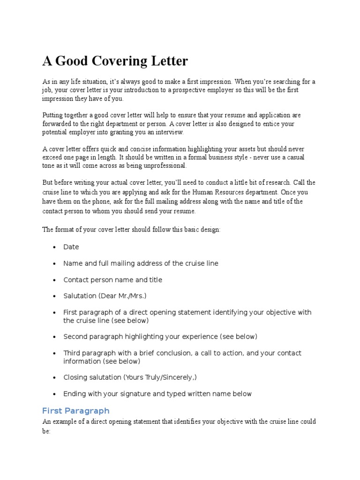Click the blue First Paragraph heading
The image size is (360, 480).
point(76,411)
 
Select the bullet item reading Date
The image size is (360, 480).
point(71,247)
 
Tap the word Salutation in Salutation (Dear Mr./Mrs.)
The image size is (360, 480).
point(79,296)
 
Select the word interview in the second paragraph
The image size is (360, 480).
point(170,133)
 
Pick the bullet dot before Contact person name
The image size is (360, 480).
point(55,280)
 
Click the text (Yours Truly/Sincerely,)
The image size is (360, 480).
point(157,377)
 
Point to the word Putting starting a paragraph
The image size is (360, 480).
point(53,115)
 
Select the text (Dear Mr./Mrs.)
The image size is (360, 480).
point(122,296)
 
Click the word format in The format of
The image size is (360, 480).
point(65,230)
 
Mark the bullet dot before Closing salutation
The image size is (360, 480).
point(55,378)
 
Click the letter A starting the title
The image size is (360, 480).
point(47,61)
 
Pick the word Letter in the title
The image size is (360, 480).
point(169,61)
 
